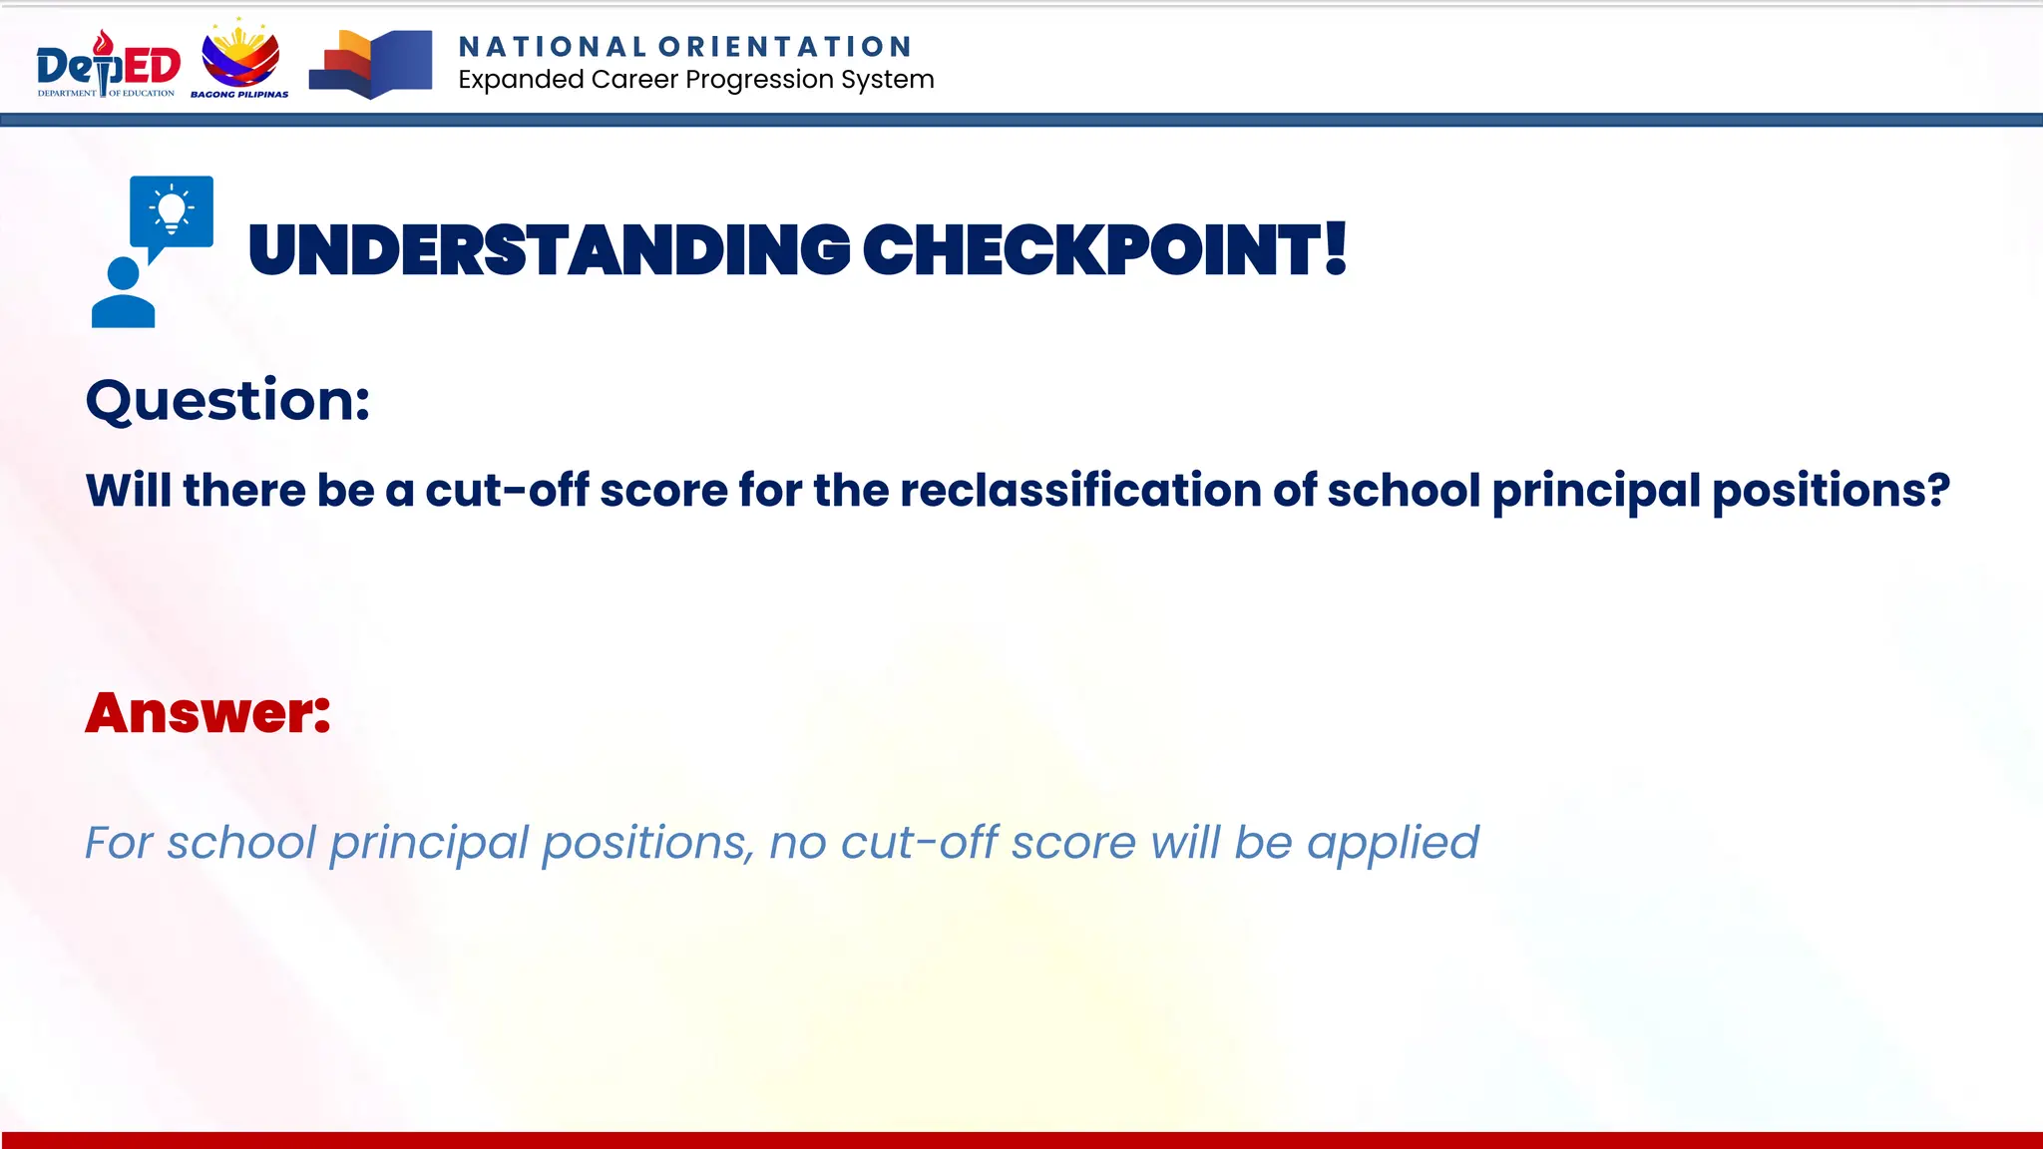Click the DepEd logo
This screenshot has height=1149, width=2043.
coord(108,65)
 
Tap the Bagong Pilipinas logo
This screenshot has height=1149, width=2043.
coord(240,59)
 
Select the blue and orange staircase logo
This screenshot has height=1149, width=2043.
coord(371,65)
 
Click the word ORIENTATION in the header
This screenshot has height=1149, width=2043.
coord(785,47)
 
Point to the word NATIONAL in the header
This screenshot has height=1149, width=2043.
coord(553,47)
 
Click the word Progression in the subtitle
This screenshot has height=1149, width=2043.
coord(760,80)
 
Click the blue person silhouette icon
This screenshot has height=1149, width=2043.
coord(123,293)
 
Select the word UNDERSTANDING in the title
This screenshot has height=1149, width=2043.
coord(549,250)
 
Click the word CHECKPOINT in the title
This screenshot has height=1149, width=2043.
coord(1091,250)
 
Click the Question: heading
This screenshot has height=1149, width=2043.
coord(227,401)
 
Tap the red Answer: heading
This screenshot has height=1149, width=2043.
coord(207,713)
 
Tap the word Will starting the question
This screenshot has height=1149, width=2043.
coord(129,490)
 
